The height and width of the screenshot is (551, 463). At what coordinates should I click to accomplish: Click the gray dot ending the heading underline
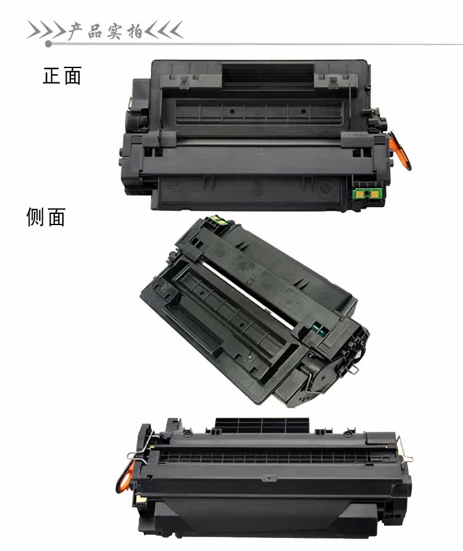[49, 44]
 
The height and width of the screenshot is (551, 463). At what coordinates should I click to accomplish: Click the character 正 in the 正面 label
[52, 75]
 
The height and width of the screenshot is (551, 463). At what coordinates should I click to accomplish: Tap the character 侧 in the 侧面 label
[36, 217]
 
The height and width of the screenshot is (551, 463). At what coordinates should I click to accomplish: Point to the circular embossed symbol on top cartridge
[325, 190]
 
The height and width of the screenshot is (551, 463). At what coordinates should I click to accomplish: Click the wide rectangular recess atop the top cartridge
[268, 75]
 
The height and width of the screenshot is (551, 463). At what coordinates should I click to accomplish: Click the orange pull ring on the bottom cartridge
[125, 476]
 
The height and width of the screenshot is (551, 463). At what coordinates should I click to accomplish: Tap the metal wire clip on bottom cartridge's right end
[405, 450]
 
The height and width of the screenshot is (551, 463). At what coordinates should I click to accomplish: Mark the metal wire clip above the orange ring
[141, 449]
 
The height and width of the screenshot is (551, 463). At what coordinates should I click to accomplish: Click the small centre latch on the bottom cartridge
[269, 478]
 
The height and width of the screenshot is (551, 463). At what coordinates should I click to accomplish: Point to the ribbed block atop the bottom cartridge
[262, 425]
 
